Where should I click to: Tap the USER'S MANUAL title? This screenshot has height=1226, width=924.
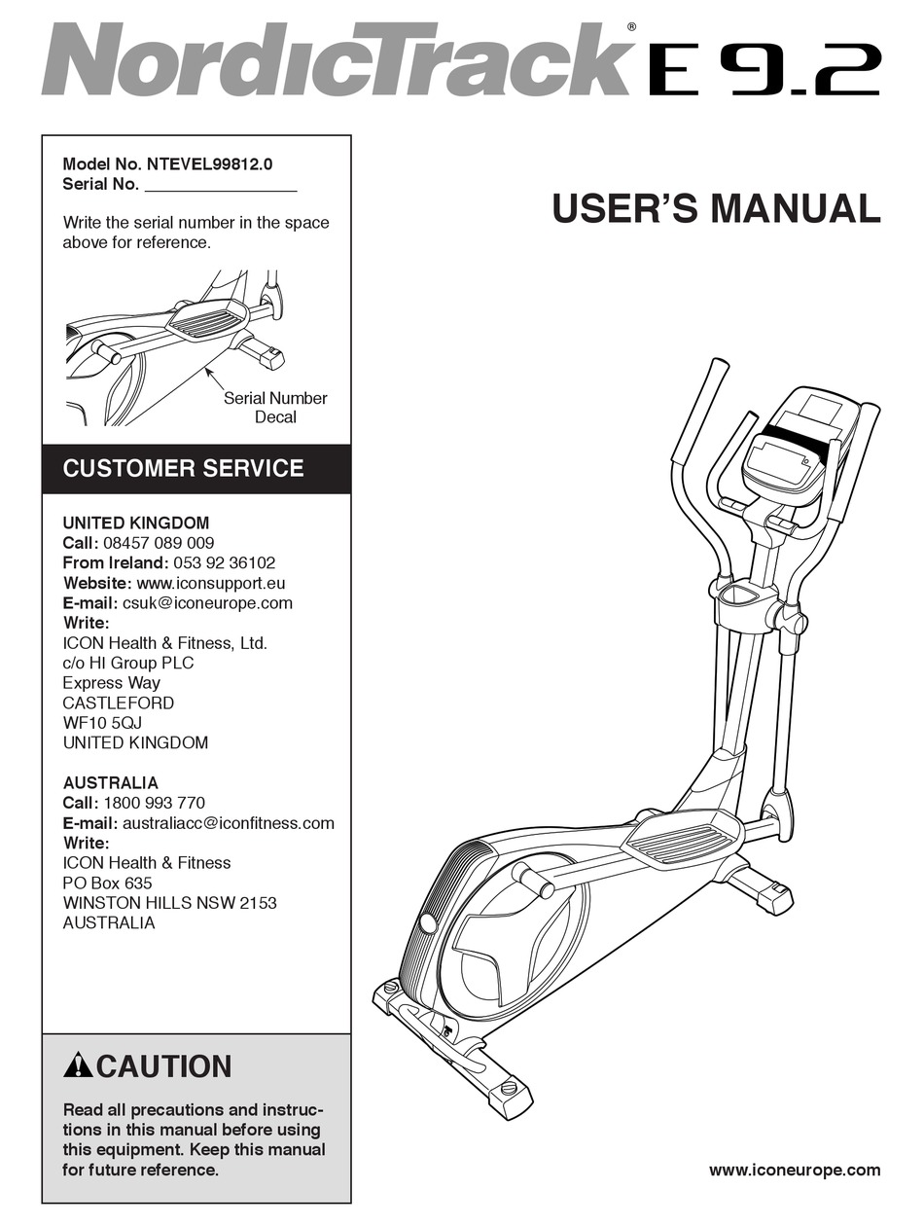coord(716,209)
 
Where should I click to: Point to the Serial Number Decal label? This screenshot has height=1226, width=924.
coord(275,408)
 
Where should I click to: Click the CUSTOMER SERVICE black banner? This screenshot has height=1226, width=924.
coord(196,468)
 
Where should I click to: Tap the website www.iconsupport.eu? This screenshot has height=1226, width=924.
coord(211,583)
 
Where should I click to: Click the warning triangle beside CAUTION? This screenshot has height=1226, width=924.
coord(78,1066)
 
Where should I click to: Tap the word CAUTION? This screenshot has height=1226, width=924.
coord(164,1067)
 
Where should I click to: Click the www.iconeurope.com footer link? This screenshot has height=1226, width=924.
coord(795,1170)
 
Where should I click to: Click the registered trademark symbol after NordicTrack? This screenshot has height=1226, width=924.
coord(631,27)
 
